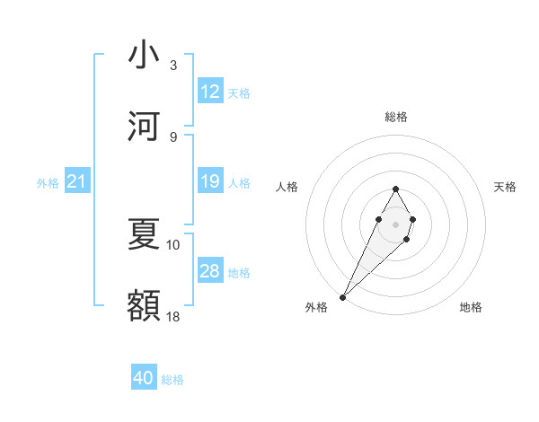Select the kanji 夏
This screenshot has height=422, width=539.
(x=144, y=235)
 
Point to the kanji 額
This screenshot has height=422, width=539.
(x=144, y=306)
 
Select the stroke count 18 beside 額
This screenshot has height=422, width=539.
(x=173, y=316)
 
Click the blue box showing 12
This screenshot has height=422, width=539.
(x=210, y=92)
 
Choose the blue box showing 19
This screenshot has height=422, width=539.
(x=210, y=182)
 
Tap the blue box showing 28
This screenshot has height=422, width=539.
(x=210, y=271)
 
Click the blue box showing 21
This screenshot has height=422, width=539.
(x=77, y=182)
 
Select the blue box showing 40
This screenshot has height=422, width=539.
(x=144, y=378)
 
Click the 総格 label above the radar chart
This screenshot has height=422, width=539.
(x=395, y=117)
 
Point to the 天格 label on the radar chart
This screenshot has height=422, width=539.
(x=505, y=187)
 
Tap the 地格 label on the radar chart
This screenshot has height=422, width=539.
(x=471, y=307)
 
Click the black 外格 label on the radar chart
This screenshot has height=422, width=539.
(x=316, y=307)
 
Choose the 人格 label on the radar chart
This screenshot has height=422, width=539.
(x=287, y=187)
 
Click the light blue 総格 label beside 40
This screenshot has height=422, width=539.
(x=172, y=380)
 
